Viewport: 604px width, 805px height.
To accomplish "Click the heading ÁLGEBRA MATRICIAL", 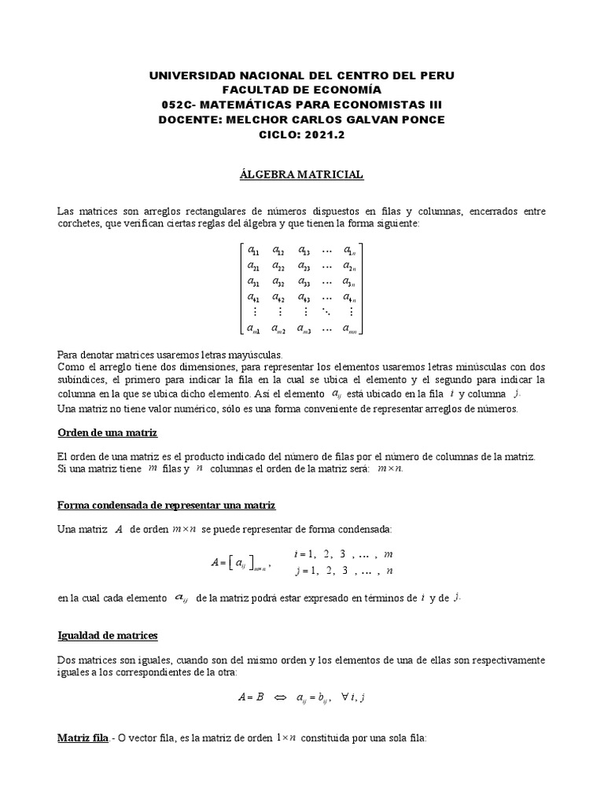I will tap(301, 175).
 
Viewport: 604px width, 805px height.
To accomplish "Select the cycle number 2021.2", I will tap(322, 134).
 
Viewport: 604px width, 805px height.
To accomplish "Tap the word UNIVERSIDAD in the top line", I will tap(193, 75).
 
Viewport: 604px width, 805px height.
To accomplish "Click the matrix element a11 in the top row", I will tap(252, 252).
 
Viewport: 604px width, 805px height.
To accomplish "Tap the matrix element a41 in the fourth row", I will tap(252, 297).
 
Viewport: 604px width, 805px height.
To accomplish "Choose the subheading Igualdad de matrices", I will tap(109, 634).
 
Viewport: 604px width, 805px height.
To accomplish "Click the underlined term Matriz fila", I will tap(83, 738).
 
